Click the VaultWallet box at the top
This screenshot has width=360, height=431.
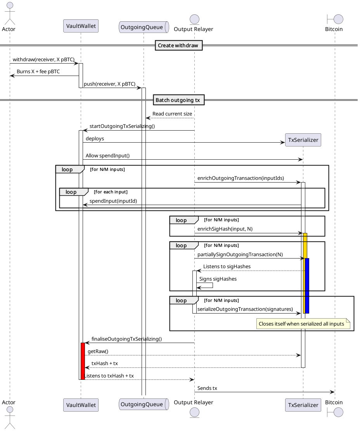[81, 26]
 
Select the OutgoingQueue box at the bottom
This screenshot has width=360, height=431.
[144, 404]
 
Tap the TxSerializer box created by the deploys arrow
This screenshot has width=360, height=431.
[303, 140]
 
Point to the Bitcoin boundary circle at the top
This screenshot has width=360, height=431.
[337, 19]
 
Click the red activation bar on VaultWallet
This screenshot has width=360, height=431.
[83, 360]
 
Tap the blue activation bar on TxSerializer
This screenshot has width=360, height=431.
[307, 285]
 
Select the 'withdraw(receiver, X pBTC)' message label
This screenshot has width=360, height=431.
[43, 60]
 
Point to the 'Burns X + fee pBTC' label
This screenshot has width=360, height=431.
[38, 72]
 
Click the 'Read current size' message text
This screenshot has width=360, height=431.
[172, 114]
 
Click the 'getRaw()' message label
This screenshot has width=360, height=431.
[98, 351]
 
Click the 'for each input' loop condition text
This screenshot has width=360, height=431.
[111, 192]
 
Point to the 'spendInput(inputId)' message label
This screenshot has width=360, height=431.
[113, 201]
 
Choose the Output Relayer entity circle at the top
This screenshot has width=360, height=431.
[194, 19]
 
